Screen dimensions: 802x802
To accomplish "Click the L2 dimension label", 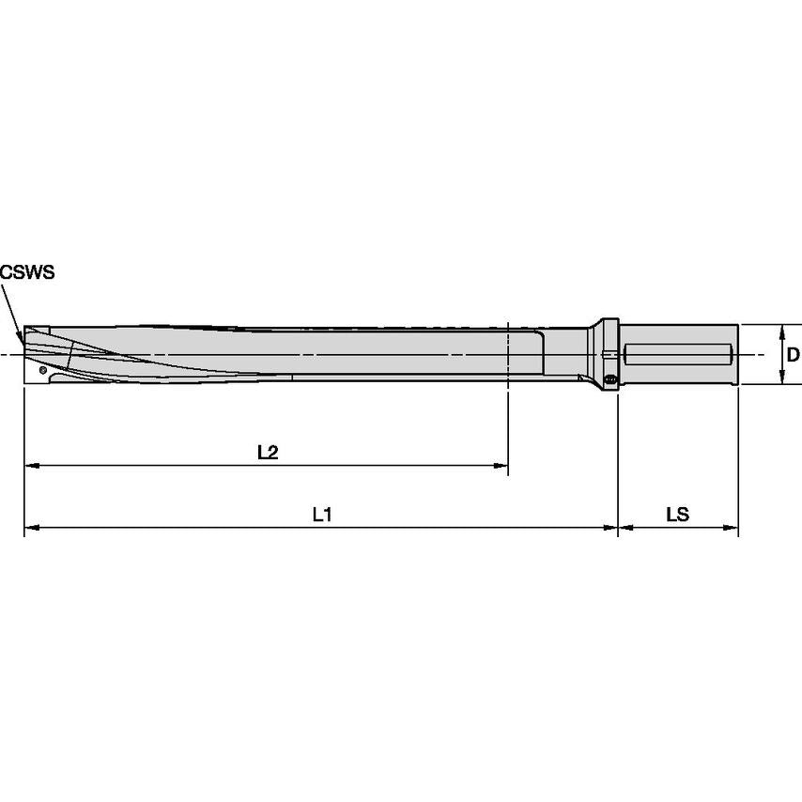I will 268,452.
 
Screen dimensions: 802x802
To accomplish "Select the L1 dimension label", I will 322,515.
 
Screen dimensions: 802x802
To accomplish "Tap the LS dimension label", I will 677,515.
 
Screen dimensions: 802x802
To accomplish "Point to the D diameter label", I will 793,355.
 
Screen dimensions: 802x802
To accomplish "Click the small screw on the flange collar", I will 611,379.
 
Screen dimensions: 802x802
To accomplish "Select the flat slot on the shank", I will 677,355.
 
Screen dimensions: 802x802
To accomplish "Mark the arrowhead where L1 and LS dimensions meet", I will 616,528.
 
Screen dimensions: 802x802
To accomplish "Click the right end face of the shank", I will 737,354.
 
